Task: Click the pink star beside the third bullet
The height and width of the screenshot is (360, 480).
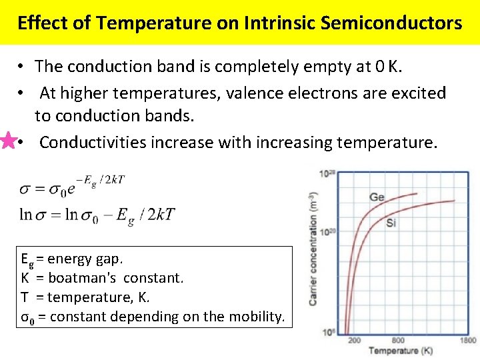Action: (x=9, y=141)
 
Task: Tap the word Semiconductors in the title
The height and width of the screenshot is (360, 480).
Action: (x=391, y=23)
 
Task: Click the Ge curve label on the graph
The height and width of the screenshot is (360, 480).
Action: (x=377, y=197)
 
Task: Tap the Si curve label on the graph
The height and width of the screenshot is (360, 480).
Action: (x=391, y=223)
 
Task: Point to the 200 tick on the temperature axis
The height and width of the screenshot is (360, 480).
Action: (x=354, y=339)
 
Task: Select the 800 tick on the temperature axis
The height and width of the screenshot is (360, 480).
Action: (x=398, y=339)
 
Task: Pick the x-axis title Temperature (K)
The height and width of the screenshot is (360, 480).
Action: (x=401, y=350)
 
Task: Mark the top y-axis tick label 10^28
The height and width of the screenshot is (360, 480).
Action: (x=327, y=175)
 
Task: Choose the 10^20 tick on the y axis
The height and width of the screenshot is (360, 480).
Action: (x=327, y=231)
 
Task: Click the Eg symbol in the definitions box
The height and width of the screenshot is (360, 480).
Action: (x=27, y=259)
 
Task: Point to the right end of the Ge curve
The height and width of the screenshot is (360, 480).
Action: (x=418, y=194)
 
